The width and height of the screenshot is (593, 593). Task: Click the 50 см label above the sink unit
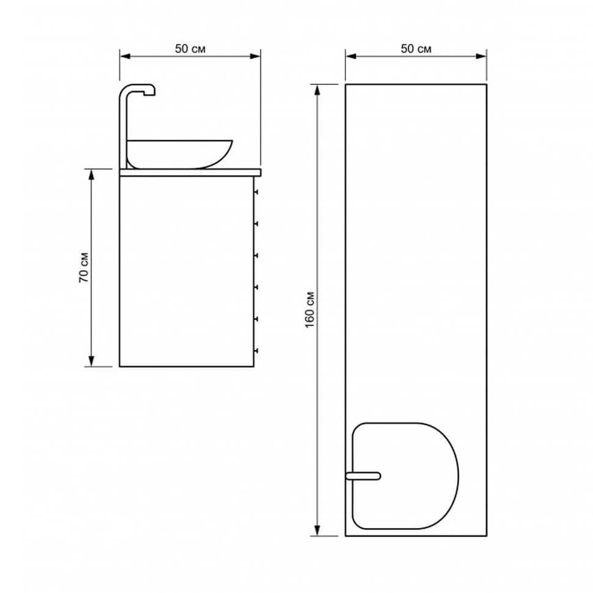[x=190, y=49]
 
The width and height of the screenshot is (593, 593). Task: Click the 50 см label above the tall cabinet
[x=416, y=49]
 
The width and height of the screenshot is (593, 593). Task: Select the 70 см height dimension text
[x=84, y=267]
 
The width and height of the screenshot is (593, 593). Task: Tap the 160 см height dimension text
[x=310, y=310]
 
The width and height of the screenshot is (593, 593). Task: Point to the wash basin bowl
[x=179, y=154]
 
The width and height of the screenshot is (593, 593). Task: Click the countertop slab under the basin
[x=190, y=172]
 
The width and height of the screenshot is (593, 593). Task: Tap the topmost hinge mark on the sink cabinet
[x=256, y=192]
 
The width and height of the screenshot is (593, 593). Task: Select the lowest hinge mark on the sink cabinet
[x=256, y=351]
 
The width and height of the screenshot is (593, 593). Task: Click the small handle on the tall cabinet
[x=363, y=476]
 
